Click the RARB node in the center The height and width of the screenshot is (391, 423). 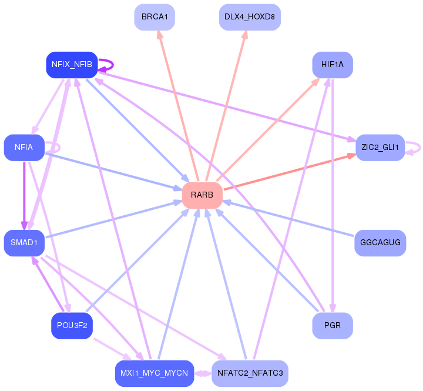pyautogui.click(x=202, y=195)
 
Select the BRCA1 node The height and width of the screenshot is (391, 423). pyautogui.click(x=155, y=17)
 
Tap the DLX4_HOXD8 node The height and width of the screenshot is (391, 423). pyautogui.click(x=250, y=17)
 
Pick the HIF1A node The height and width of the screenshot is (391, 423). pyautogui.click(x=333, y=65)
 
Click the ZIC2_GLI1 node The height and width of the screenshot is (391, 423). pyautogui.click(x=380, y=148)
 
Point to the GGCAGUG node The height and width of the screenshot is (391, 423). pyautogui.click(x=380, y=243)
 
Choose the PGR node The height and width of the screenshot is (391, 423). pyautogui.click(x=333, y=325)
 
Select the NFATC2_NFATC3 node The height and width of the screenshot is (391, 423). pyautogui.click(x=250, y=373)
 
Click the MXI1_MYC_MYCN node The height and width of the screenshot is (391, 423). pyautogui.click(x=155, y=373)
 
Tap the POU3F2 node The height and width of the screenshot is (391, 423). pyautogui.click(x=72, y=325)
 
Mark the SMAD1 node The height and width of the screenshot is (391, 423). pyautogui.click(x=24, y=243)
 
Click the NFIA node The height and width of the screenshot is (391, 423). pyautogui.click(x=24, y=148)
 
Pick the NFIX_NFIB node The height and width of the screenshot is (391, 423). pyautogui.click(x=72, y=65)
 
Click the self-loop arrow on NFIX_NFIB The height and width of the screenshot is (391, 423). pyautogui.click(x=113, y=65)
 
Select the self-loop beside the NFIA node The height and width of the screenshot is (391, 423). pyautogui.click(x=59, y=148)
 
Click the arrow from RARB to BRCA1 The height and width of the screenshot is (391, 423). pyautogui.click(x=178, y=106)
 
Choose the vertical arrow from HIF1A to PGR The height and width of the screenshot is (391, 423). pyautogui.click(x=333, y=195)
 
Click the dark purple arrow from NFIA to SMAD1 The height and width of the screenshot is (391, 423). pyautogui.click(x=24, y=195)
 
